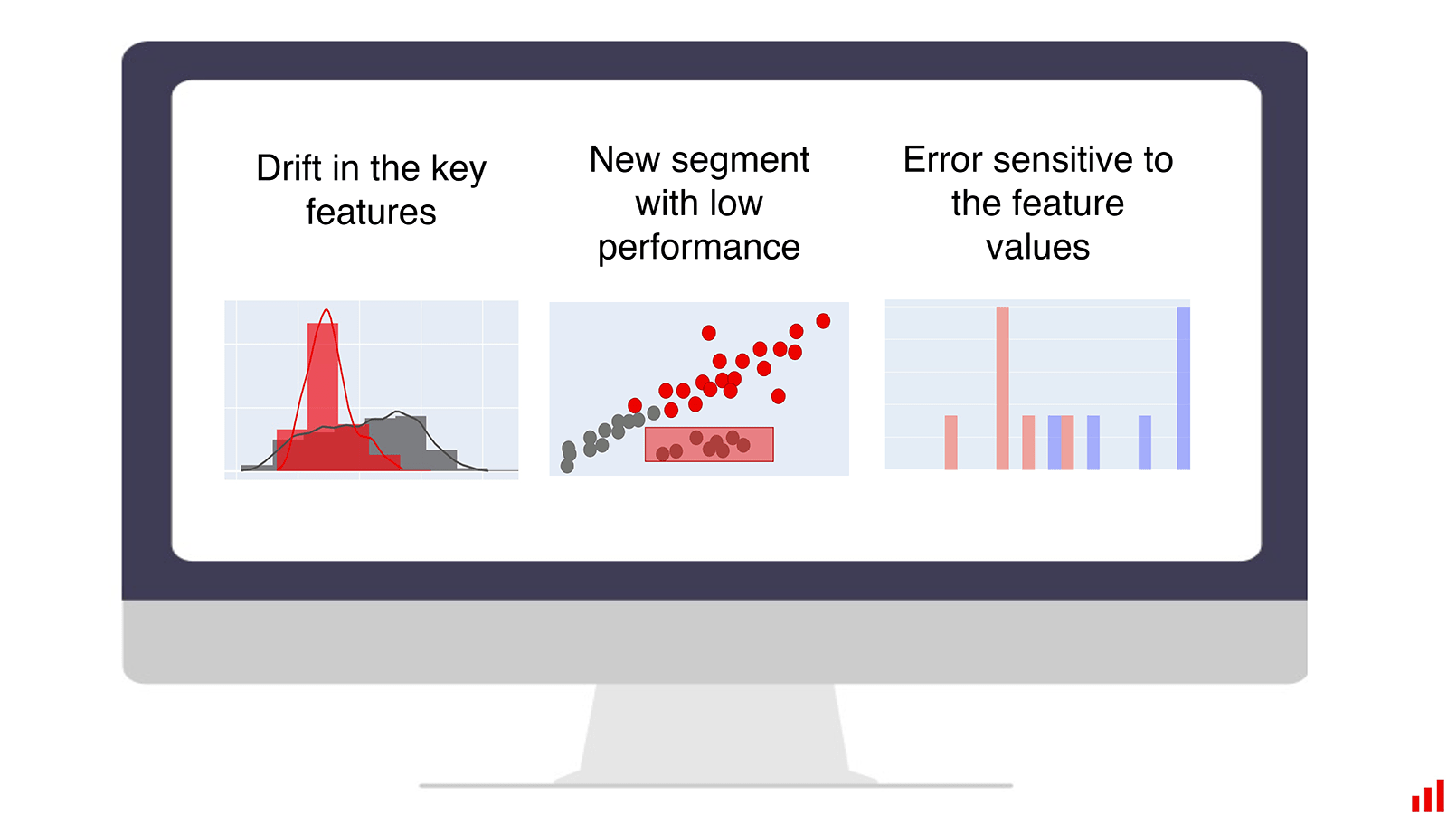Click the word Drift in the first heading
[x=289, y=168]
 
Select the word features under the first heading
[x=371, y=212]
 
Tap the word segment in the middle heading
[x=740, y=161]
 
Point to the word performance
[x=698, y=248]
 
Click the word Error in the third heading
[x=942, y=159]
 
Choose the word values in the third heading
[x=1037, y=248]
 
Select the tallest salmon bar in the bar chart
[x=1002, y=388]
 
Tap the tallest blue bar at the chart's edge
[x=1183, y=388]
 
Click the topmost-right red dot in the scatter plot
[x=823, y=321]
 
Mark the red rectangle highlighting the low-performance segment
[x=709, y=444]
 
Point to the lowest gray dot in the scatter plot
[x=567, y=466]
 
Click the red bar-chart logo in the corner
[x=1428, y=795]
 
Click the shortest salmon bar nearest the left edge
[x=950, y=442]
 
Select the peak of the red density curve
[x=326, y=310]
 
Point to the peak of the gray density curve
[x=397, y=412]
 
